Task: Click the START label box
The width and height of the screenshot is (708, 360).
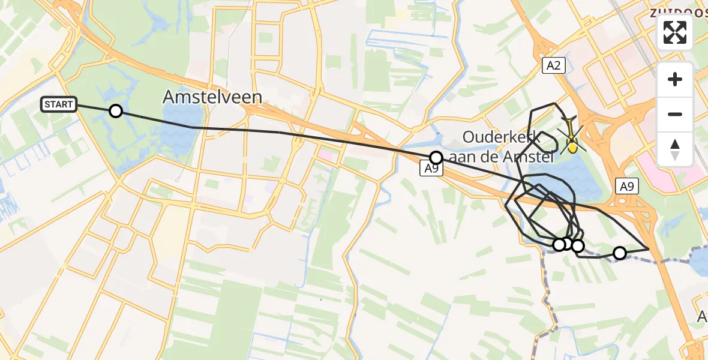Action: tap(58, 104)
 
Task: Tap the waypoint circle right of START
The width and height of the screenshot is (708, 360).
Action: tap(115, 111)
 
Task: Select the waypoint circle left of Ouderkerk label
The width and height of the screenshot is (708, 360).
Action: tap(436, 158)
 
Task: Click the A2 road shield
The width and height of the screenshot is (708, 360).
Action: tap(553, 66)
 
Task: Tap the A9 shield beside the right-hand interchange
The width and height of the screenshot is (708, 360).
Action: tap(626, 187)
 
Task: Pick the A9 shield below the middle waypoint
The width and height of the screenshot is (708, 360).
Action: tap(431, 170)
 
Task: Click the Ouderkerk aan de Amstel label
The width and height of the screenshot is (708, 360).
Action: tap(501, 147)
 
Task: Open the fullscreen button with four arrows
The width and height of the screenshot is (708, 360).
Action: tap(675, 32)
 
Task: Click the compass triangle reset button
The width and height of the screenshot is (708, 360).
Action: tap(675, 149)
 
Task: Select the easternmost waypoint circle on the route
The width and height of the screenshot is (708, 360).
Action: tap(619, 253)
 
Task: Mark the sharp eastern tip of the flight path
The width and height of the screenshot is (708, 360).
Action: tap(649, 248)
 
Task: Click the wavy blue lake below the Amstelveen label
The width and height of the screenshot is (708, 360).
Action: tap(180, 141)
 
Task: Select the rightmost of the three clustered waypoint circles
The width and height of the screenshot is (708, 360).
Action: tap(577, 245)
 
